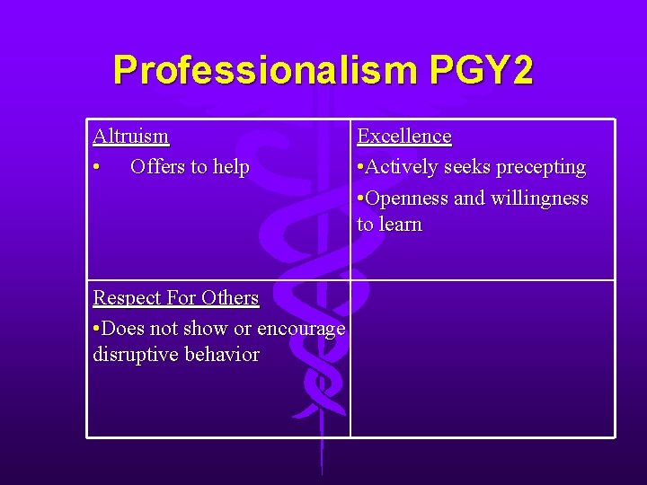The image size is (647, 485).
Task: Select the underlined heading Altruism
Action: tap(130, 137)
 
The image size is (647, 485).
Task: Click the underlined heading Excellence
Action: tap(404, 137)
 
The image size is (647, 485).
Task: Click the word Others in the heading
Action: tap(230, 298)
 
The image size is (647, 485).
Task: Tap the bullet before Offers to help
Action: tap(96, 168)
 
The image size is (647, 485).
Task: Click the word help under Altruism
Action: tap(229, 167)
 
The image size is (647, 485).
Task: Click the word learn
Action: tap(401, 225)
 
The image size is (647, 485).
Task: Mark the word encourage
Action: tap(301, 330)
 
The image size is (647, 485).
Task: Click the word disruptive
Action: tap(136, 355)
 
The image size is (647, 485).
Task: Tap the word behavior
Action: tap(222, 355)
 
